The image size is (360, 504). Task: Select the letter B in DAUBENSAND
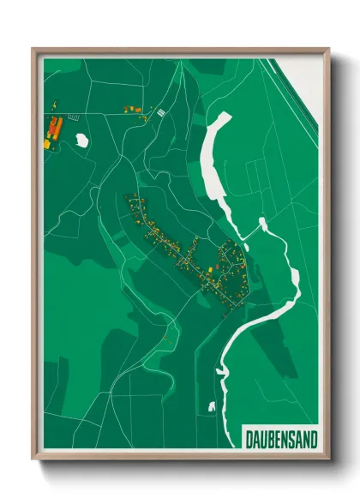268,439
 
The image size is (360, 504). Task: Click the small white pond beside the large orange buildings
82,140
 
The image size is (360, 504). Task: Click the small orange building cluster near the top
133,109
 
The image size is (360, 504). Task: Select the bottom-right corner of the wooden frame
329,460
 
